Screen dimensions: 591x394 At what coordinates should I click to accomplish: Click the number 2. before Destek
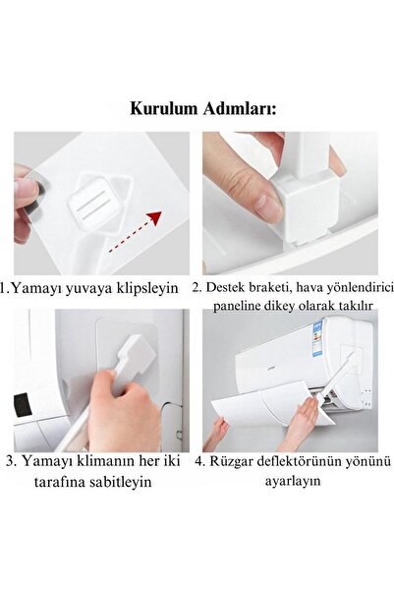[x=197, y=288]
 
